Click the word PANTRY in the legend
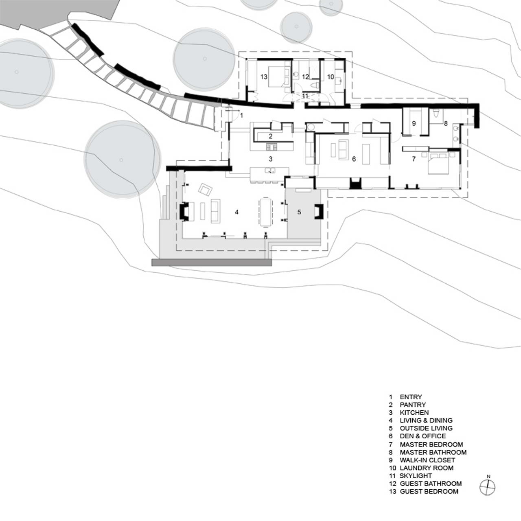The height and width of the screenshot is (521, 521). pyautogui.click(x=413, y=412)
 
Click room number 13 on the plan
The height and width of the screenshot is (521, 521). pyautogui.click(x=264, y=77)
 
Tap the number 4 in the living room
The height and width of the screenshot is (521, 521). pyautogui.click(x=236, y=212)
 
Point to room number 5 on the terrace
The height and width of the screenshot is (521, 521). pyautogui.click(x=299, y=212)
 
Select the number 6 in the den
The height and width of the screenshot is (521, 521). pyautogui.click(x=354, y=159)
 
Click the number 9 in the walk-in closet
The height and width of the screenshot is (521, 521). pyautogui.click(x=414, y=123)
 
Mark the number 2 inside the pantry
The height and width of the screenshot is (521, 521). pyautogui.click(x=270, y=136)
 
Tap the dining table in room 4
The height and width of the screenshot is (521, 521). pyautogui.click(x=266, y=212)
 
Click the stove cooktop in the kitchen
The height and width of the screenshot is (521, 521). pyautogui.click(x=271, y=147)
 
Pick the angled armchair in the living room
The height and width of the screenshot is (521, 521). pyautogui.click(x=205, y=189)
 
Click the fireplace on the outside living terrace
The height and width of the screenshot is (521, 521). pyautogui.click(x=319, y=211)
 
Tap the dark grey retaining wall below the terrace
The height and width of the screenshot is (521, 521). pyautogui.click(x=212, y=262)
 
